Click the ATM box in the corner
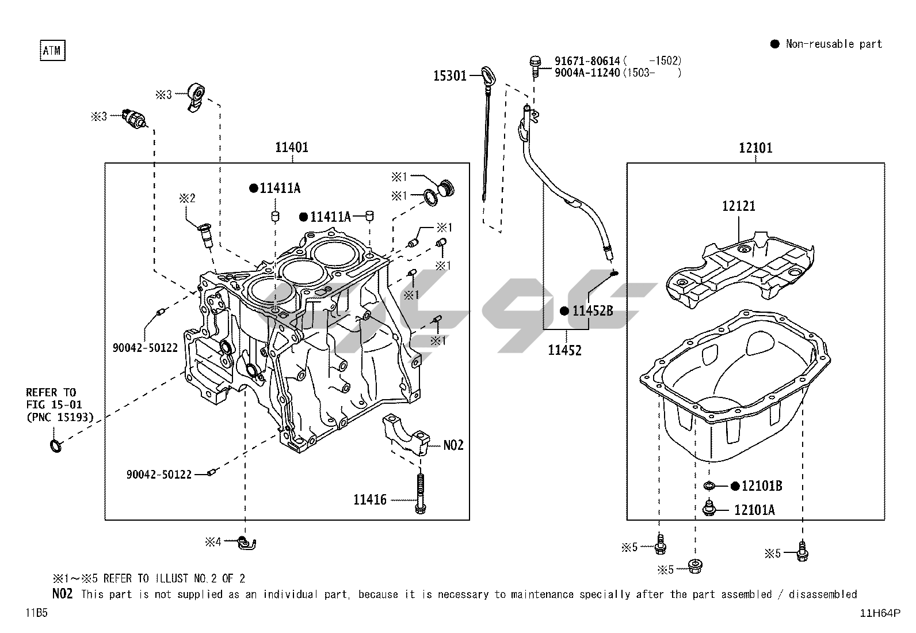tap(51, 51)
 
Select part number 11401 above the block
tap(292, 147)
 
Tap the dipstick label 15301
tap(449, 75)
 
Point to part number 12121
tap(739, 206)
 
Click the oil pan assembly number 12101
tap(755, 148)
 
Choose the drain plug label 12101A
tap(754, 510)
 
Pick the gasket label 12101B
tap(761, 486)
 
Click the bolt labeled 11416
tap(369, 500)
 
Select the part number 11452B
tap(592, 311)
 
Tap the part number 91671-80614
tap(587, 61)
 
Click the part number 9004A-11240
tap(587, 73)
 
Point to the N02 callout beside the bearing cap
tap(453, 445)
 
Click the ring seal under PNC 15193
tap(55, 446)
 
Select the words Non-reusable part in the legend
tap(834, 44)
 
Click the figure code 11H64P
tap(880, 613)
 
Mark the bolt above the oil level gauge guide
tap(535, 63)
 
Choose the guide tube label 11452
tap(564, 350)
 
